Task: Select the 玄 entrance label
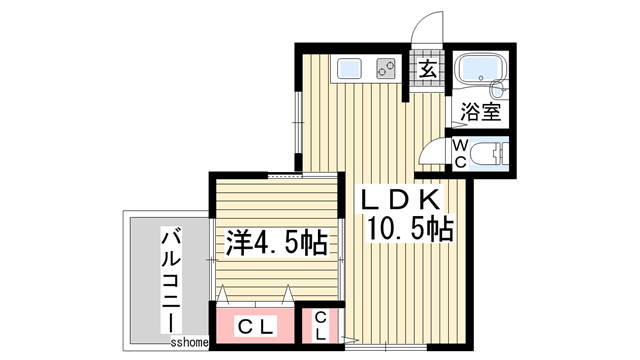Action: [427, 69]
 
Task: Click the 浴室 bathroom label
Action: [480, 111]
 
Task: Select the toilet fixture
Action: [488, 155]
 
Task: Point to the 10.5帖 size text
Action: [411, 229]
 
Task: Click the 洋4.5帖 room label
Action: [279, 241]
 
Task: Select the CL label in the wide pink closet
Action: [257, 326]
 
